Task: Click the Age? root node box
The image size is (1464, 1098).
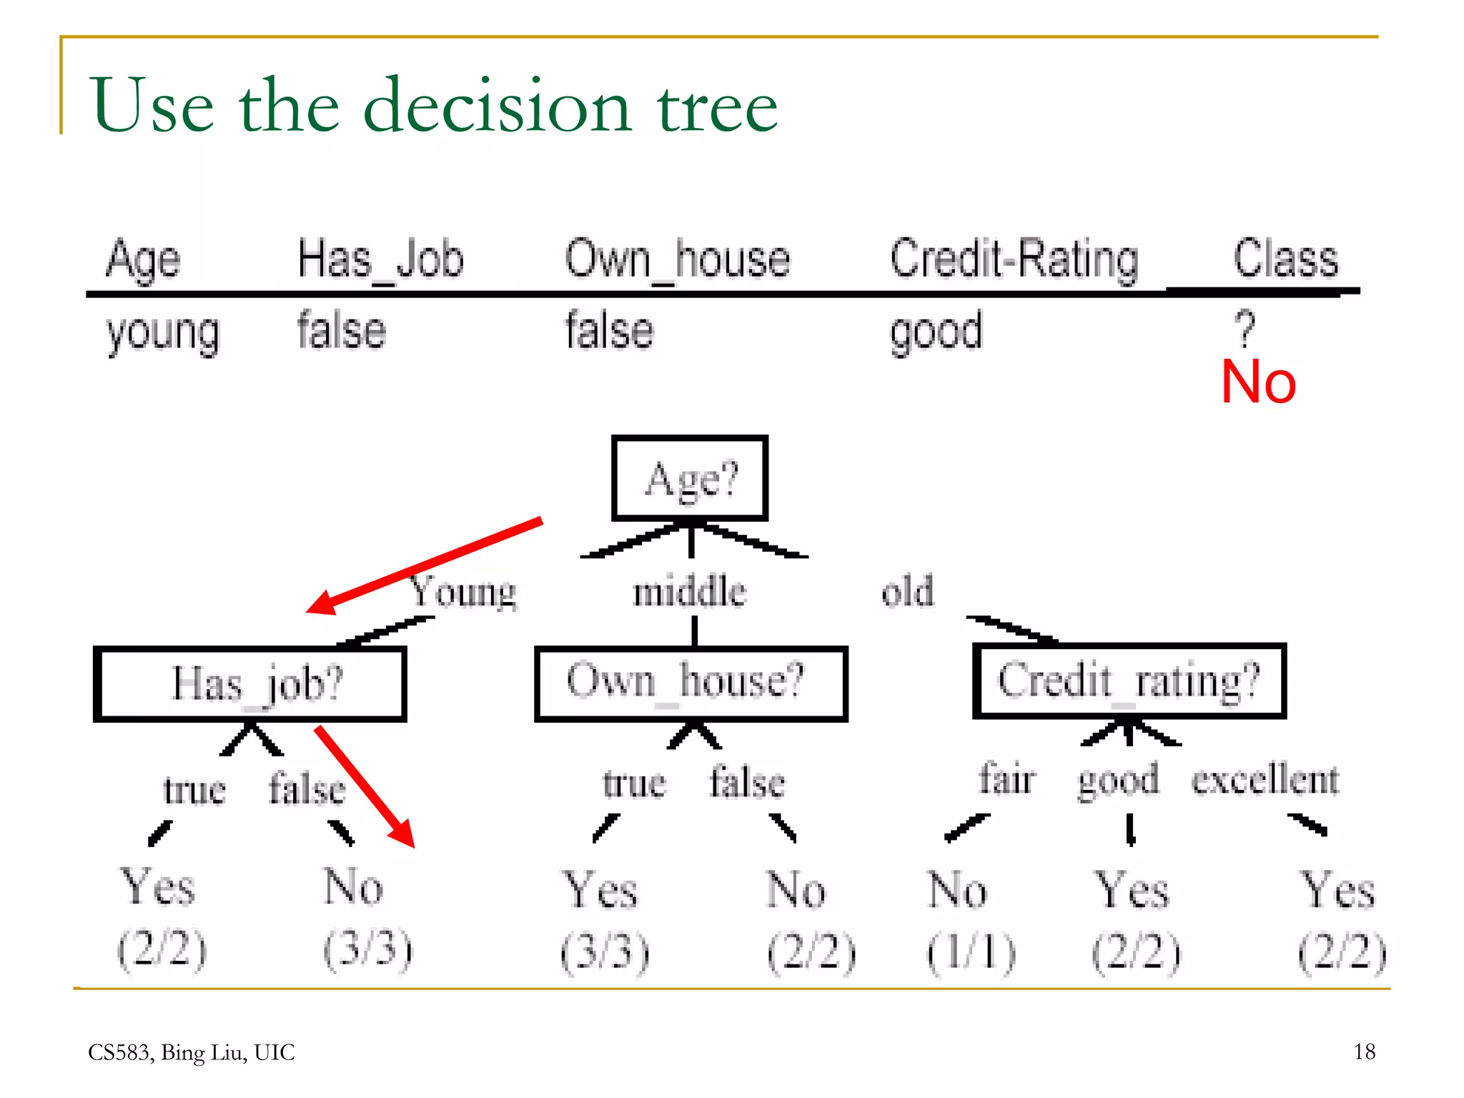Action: [690, 478]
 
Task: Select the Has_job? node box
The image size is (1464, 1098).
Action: [250, 684]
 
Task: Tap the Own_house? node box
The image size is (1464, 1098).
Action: [691, 683]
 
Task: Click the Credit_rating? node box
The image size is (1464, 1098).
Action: [1129, 681]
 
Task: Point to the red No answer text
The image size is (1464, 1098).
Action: [1258, 382]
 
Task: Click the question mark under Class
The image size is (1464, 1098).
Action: [1245, 328]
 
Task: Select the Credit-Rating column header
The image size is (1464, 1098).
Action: [1013, 259]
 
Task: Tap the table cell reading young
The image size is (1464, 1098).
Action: [163, 332]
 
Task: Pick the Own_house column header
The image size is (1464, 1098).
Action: [677, 259]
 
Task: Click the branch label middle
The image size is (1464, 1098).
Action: [689, 592]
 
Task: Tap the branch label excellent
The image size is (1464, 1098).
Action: [1265, 779]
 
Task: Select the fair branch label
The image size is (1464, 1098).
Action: [1006, 779]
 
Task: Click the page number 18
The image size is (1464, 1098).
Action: [1364, 1052]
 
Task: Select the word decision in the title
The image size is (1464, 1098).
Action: [498, 106]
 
